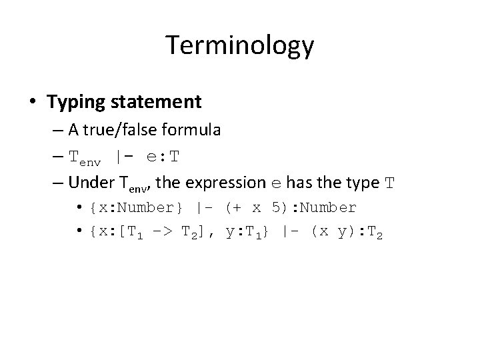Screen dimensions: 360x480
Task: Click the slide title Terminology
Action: click(239, 46)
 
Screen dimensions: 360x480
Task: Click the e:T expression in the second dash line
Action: click(163, 157)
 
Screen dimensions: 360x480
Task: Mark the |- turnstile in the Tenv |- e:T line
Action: click(125, 157)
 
